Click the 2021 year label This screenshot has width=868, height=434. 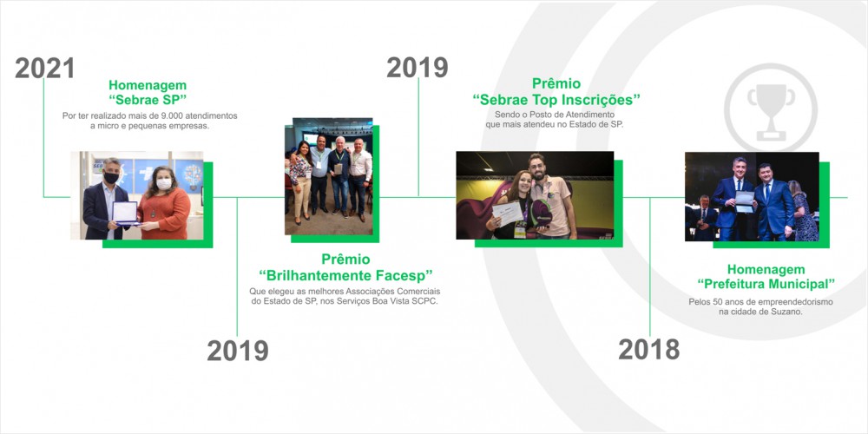(x=44, y=68)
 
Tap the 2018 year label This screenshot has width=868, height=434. (x=648, y=349)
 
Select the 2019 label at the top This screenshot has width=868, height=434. (x=417, y=68)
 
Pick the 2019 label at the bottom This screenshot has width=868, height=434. (x=238, y=351)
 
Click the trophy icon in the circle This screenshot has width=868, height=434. (x=771, y=111)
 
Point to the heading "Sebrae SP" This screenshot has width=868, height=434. (x=148, y=101)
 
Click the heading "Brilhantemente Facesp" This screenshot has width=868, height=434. (x=346, y=274)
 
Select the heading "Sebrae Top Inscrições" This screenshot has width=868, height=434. (x=556, y=100)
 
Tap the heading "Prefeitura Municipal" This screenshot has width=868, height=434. (x=766, y=285)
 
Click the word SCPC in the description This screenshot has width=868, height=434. (x=425, y=302)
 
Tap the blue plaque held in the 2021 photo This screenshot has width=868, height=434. (x=125, y=212)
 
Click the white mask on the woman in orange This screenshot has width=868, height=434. (x=163, y=184)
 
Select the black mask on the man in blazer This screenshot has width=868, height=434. (x=111, y=178)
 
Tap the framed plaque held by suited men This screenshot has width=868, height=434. (x=745, y=201)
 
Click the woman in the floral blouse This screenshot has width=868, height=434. (x=300, y=180)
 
